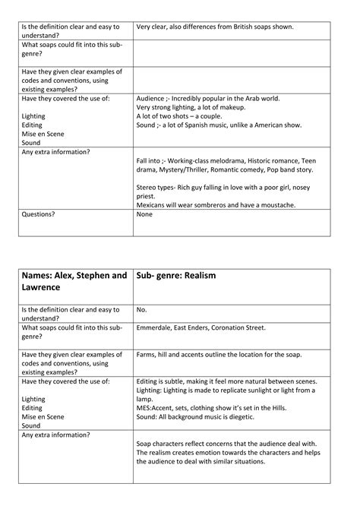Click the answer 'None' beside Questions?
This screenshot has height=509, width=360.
(144, 214)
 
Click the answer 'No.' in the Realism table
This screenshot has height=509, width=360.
(141, 310)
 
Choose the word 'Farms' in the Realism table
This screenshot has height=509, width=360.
(148, 354)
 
